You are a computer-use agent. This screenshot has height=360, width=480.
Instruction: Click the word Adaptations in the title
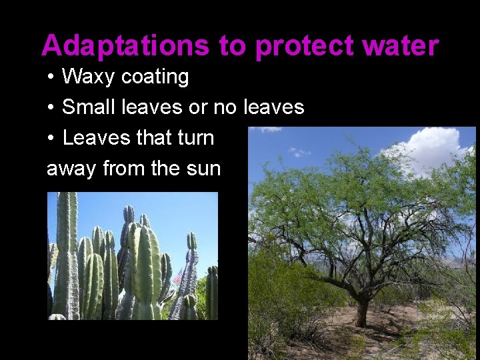click(125, 46)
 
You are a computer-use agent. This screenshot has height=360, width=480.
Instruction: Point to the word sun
click(203, 168)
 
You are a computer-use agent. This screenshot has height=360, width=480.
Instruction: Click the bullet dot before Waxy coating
click(51, 77)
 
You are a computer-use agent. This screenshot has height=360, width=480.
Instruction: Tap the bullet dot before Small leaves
click(51, 107)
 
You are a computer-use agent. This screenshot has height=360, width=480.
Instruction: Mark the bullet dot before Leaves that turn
click(51, 138)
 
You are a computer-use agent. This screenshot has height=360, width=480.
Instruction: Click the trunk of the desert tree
click(362, 309)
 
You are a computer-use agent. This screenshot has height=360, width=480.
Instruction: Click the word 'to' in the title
click(232, 46)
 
